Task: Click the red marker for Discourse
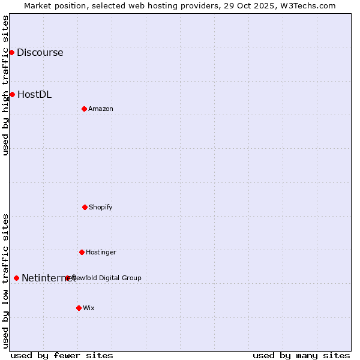pyautogui.click(x=11, y=52)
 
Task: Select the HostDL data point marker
pyautogui.click(x=12, y=94)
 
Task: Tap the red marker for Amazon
pyautogui.click(x=84, y=109)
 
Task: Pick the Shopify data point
pyautogui.click(x=85, y=207)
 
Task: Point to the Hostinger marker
pyautogui.click(x=82, y=252)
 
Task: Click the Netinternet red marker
pyautogui.click(x=16, y=278)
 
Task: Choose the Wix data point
pyautogui.click(x=79, y=308)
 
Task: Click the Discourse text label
pyautogui.click(x=40, y=52)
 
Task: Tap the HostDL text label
pyautogui.click(x=34, y=94)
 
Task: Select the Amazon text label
pyautogui.click(x=100, y=109)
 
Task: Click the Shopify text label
pyautogui.click(x=100, y=207)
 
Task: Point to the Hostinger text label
pyautogui.click(x=101, y=252)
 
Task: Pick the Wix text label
pyautogui.click(x=88, y=308)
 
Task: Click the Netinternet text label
pyautogui.click(x=48, y=278)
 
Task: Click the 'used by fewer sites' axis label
pyautogui.click(x=62, y=355)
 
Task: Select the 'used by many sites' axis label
pyautogui.click(x=301, y=355)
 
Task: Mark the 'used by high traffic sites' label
pyautogui.click(x=6, y=85)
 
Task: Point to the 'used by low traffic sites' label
pyautogui.click(x=6, y=281)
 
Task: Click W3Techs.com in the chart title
pyautogui.click(x=307, y=5)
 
